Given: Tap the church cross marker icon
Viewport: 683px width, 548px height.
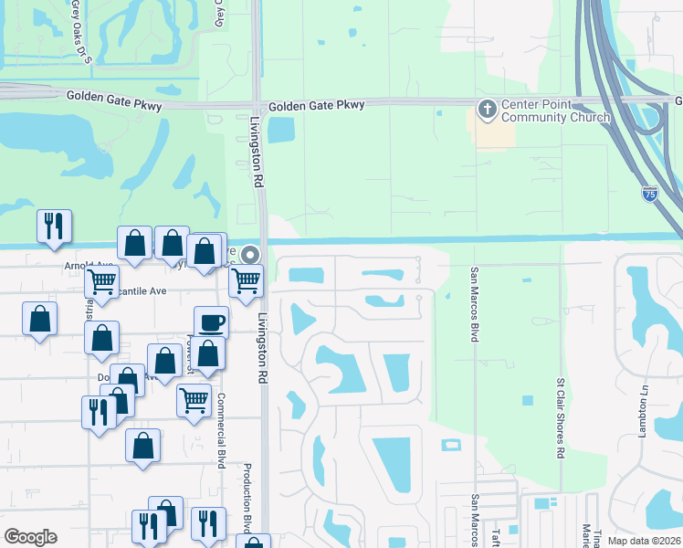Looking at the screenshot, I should click(487, 110).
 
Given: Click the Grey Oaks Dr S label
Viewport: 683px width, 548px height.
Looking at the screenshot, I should click(81, 33).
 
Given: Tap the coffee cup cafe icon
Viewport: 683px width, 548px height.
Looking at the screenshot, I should click(211, 322).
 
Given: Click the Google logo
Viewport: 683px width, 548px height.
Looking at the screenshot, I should click(30, 537).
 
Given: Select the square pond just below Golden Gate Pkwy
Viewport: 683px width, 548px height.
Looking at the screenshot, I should click(281, 129).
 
